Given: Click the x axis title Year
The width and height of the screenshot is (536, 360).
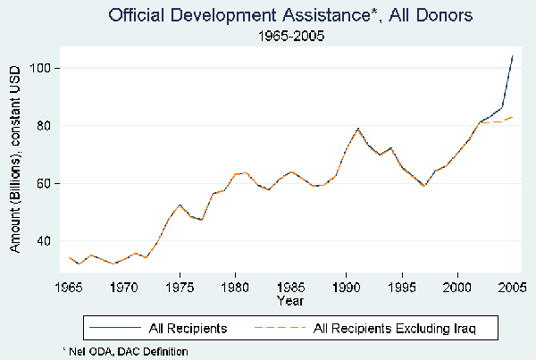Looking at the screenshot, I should tap(290, 301).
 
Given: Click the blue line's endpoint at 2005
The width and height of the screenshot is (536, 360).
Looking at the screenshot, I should tap(513, 55).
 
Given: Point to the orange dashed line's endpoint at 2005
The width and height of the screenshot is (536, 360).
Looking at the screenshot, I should tap(513, 117).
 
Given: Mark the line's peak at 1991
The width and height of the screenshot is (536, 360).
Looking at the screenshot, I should tap(357, 128).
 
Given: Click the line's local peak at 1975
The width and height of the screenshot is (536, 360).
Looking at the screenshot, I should tap(180, 205).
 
